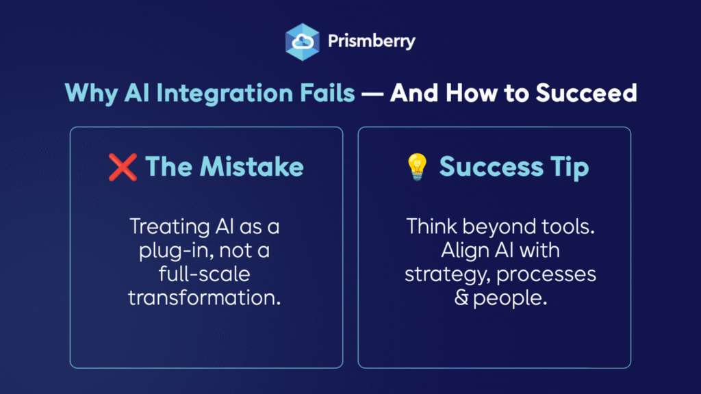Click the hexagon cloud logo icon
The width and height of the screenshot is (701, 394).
tap(302, 42)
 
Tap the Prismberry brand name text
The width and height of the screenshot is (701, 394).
tap(372, 42)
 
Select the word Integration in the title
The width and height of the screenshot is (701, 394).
tap(225, 93)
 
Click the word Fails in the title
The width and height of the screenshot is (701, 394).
tap(327, 92)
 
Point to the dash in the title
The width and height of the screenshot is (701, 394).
tap(372, 94)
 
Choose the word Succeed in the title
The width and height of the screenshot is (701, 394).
tap(586, 93)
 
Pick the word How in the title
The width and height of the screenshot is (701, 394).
tap(471, 93)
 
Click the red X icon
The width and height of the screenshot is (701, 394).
tap(123, 168)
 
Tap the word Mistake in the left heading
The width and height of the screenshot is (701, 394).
tap(252, 167)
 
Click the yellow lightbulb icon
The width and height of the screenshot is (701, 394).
tap(417, 167)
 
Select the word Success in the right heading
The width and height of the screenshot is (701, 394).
tap(492, 168)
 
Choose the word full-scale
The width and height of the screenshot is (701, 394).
tap(204, 274)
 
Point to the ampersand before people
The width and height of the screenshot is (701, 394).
tap(461, 298)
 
